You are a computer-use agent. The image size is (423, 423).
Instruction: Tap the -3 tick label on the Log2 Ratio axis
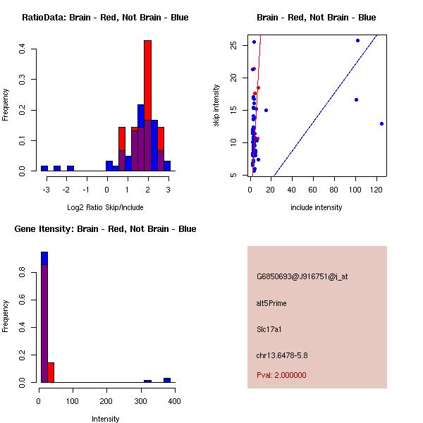pos(46,190)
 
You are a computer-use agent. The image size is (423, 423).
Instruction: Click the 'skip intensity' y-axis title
pos(216,106)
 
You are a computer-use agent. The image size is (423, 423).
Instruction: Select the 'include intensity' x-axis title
pos(316,207)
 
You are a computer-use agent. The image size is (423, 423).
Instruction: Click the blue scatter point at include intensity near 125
pos(381,123)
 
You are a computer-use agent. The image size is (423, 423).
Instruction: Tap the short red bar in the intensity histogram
pos(51,372)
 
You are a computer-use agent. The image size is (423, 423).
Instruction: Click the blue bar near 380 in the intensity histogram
pos(167,380)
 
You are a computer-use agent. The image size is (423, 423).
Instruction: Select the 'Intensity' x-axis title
pos(106,419)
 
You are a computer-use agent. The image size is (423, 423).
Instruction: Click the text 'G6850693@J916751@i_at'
pos(302,276)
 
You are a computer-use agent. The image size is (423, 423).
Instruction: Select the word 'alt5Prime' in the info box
pos(271,303)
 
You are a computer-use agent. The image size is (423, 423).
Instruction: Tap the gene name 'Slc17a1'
pos(269,329)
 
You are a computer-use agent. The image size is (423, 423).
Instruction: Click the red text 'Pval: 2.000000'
pos(281,375)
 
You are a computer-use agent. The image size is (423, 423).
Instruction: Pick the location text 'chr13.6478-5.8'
pos(281,355)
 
